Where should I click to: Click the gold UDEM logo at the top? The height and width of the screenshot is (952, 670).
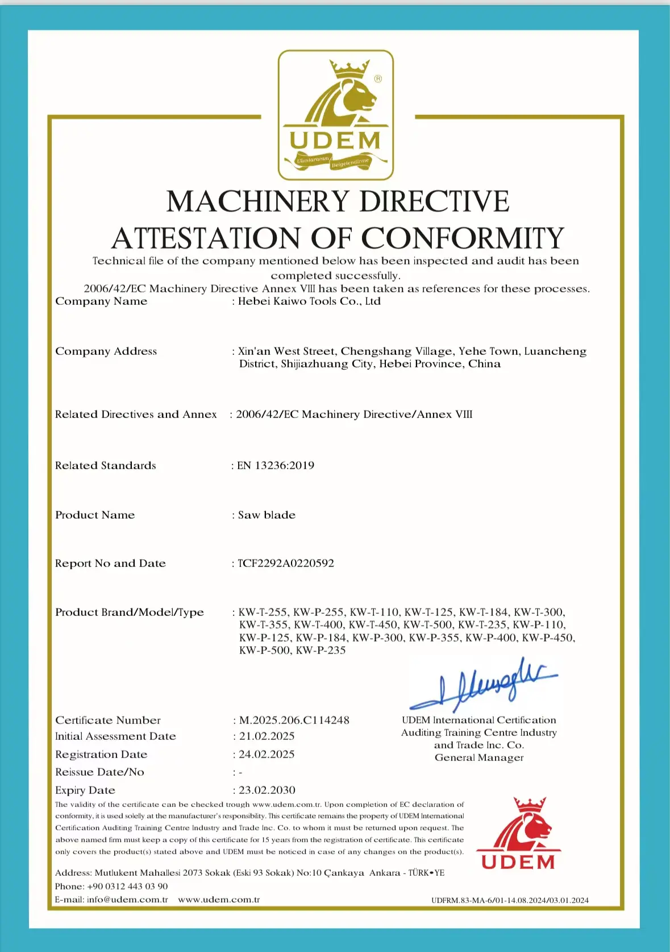pos(335,115)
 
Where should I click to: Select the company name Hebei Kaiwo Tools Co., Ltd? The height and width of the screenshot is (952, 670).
pos(309,301)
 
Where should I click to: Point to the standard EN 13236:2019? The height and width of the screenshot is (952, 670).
pos(276,466)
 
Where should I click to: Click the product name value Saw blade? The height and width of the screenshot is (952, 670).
pos(267,515)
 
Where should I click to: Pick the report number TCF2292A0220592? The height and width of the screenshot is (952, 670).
pos(286,564)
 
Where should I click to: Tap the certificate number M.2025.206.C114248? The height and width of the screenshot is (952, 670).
pos(294,721)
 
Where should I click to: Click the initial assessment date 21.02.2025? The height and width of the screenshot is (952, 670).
pos(267,736)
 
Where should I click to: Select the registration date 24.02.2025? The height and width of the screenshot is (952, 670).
pos(267,755)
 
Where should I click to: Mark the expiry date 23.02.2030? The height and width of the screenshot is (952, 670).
pos(267,790)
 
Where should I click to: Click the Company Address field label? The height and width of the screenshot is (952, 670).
pos(106,351)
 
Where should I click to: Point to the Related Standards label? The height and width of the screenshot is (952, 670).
pos(105,466)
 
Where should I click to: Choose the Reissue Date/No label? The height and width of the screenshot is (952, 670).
pos(99,772)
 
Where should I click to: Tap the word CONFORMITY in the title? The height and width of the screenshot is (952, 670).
pos(463,238)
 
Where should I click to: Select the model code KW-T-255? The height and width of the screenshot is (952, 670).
pos(263,612)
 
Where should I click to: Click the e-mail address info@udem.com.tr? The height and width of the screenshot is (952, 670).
pos(127,900)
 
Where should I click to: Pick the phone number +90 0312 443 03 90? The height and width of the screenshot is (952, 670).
pos(127,887)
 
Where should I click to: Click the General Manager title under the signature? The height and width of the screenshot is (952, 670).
pos(479,758)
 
